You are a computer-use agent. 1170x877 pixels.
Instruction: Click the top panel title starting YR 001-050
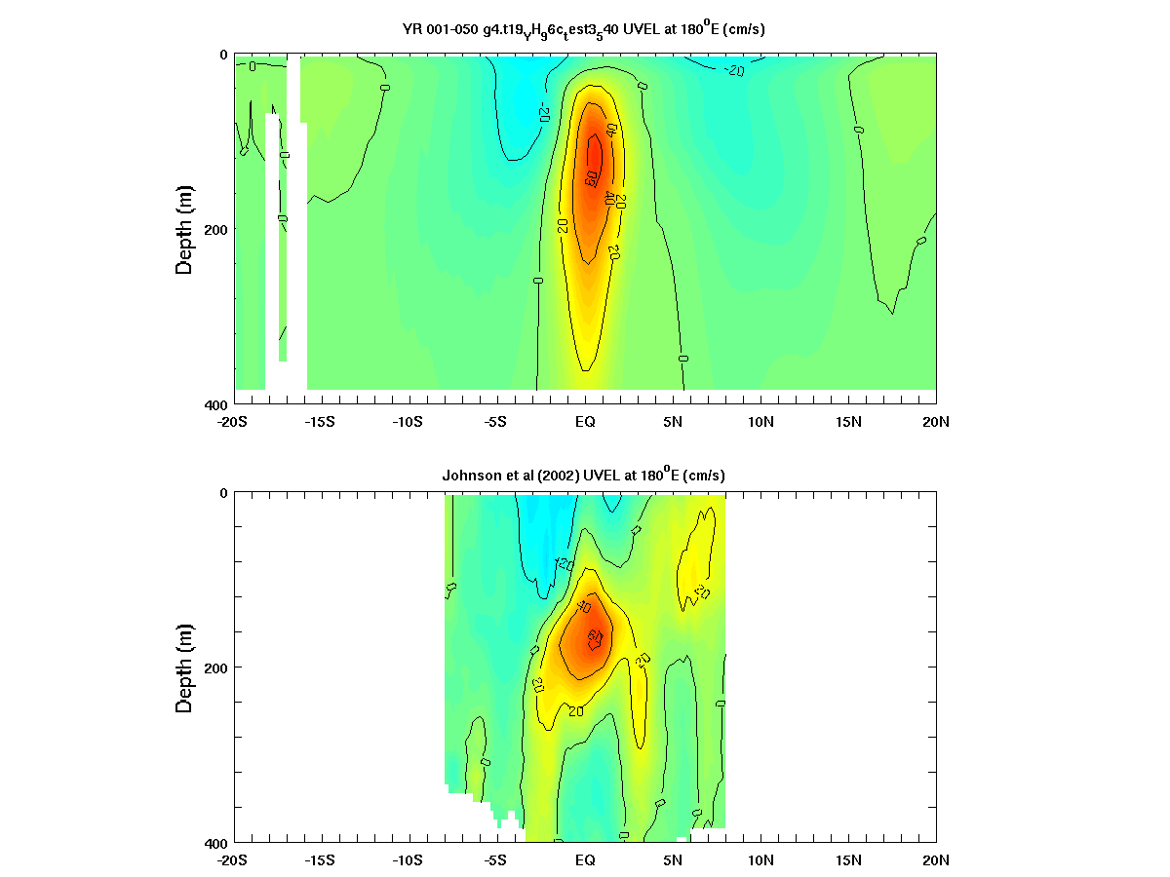pyautogui.click(x=583, y=29)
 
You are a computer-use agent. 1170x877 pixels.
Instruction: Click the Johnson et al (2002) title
pyautogui.click(x=583, y=475)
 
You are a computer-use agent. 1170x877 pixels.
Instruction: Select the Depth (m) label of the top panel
pyautogui.click(x=183, y=229)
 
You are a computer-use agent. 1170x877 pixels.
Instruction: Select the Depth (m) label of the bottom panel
pyautogui.click(x=183, y=667)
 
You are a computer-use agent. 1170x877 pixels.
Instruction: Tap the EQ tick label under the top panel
pyautogui.click(x=585, y=422)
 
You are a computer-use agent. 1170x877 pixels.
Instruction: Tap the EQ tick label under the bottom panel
pyautogui.click(x=585, y=860)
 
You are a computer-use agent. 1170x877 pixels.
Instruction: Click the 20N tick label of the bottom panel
pyautogui.click(x=936, y=860)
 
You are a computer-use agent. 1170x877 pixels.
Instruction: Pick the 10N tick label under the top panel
pyautogui.click(x=760, y=422)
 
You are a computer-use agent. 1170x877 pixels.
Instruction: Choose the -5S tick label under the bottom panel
pyautogui.click(x=494, y=860)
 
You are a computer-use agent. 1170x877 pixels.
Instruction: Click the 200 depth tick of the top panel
pyautogui.click(x=215, y=229)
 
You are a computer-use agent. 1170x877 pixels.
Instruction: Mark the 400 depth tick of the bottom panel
pyautogui.click(x=215, y=842)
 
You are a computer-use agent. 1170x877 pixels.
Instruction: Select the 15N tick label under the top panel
pyautogui.click(x=848, y=422)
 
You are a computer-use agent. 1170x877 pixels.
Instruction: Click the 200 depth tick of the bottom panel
pyautogui.click(x=215, y=667)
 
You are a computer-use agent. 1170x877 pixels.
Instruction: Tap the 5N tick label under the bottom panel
pyautogui.click(x=673, y=860)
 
